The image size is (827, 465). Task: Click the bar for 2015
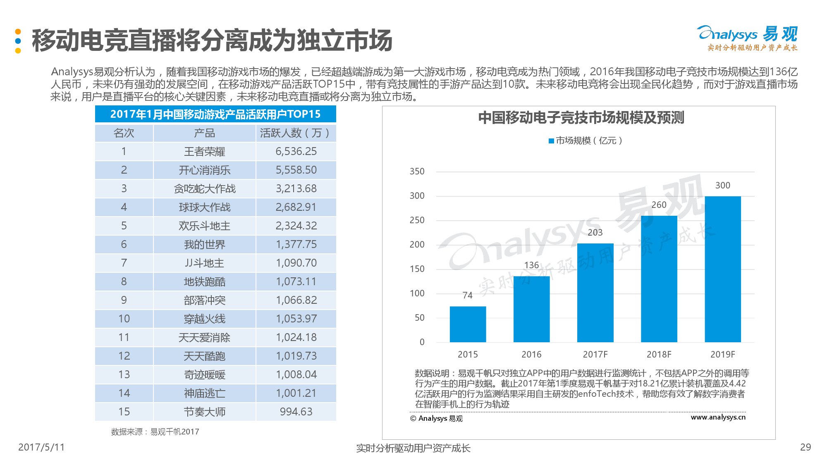(x=468, y=324)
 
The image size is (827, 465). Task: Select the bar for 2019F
(x=722, y=269)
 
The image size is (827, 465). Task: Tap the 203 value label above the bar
(x=595, y=233)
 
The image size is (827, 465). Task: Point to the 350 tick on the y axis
(x=417, y=172)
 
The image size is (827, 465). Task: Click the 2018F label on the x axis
(x=659, y=355)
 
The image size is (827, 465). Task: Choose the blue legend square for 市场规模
(x=551, y=141)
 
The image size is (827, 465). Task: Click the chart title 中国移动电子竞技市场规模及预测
(x=581, y=118)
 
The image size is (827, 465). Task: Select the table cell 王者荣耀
(x=204, y=152)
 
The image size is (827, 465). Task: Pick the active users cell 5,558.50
(x=296, y=170)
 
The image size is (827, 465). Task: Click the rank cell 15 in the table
(x=124, y=412)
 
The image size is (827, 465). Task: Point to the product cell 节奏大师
(x=204, y=412)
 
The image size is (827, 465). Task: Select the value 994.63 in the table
(x=296, y=412)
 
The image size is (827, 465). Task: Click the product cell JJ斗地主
(x=204, y=263)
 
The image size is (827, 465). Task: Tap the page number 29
(x=805, y=447)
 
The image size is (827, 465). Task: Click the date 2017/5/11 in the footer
(x=41, y=447)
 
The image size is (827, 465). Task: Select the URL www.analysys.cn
(x=718, y=417)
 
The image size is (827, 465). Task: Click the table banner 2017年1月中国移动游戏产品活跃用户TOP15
(x=215, y=114)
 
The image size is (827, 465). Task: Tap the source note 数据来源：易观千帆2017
(x=155, y=432)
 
